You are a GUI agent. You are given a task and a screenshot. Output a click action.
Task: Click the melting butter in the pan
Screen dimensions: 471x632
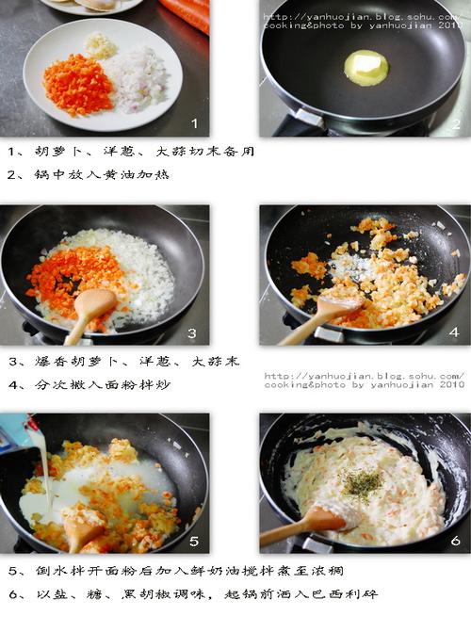[366, 68]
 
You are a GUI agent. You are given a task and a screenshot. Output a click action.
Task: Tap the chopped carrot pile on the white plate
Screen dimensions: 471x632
[78, 85]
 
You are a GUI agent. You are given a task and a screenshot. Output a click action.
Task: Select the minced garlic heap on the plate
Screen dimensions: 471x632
[101, 45]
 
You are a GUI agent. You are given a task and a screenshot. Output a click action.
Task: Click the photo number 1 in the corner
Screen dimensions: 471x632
[194, 123]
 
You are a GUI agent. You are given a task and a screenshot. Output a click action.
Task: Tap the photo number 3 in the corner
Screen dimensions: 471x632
[192, 333]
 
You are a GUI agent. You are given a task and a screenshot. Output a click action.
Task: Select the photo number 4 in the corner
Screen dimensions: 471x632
[454, 332]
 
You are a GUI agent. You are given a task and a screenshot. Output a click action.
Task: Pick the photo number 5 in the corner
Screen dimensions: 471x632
[194, 541]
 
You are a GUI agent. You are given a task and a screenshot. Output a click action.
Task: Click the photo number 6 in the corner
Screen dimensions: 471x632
[455, 540]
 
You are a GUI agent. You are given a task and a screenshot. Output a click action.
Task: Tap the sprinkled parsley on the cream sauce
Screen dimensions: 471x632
[362, 482]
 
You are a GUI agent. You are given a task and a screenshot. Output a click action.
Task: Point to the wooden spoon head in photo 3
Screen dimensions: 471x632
[95, 303]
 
